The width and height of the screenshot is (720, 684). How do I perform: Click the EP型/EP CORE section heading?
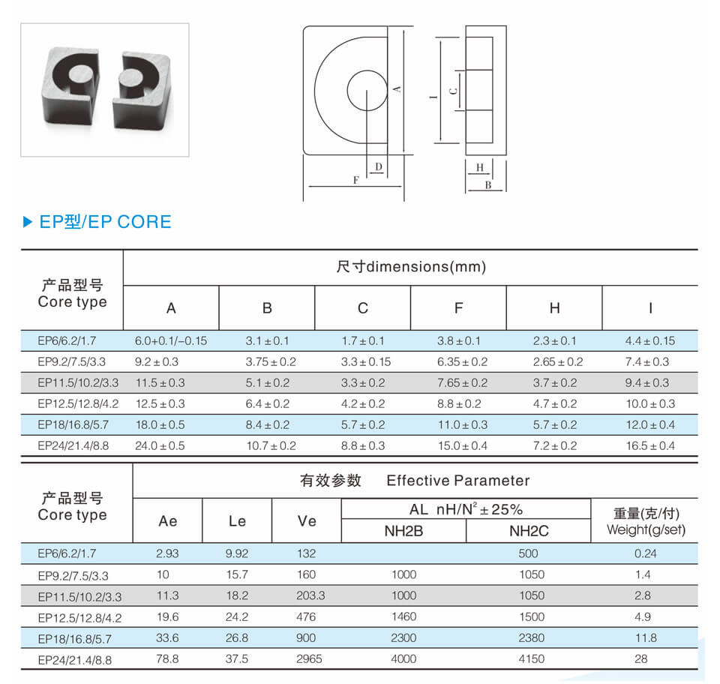(x=105, y=222)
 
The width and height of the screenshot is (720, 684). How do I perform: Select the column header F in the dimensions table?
(x=458, y=308)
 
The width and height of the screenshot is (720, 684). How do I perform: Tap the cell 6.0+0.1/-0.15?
(x=171, y=341)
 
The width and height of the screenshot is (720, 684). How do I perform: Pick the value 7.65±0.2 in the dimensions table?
(x=463, y=382)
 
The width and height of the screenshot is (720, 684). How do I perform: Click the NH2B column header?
(x=403, y=531)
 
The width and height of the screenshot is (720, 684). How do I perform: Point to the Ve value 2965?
(x=309, y=659)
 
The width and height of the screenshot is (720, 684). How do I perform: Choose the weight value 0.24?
(x=645, y=553)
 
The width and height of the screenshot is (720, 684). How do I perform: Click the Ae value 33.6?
(x=167, y=638)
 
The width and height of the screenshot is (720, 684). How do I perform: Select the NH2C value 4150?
(x=531, y=659)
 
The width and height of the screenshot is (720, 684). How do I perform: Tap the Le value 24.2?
(x=237, y=617)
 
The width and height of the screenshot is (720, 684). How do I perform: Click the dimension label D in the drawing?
(x=378, y=166)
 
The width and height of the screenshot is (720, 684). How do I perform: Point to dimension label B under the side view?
(x=488, y=185)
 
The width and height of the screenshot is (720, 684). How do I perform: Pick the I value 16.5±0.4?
(x=650, y=445)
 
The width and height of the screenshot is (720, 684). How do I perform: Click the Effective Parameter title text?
(x=458, y=481)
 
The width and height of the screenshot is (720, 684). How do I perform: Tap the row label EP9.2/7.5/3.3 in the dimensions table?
(x=72, y=362)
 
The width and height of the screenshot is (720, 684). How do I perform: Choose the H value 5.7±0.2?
(x=555, y=425)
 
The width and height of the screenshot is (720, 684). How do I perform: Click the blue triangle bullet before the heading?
(x=28, y=222)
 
